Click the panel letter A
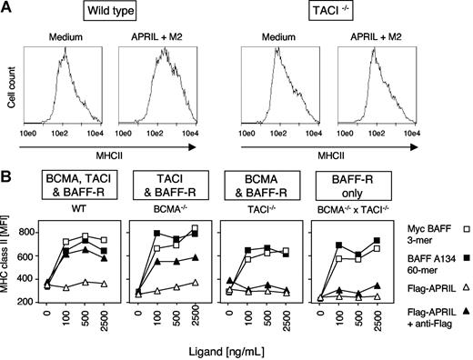coord(7,8)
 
